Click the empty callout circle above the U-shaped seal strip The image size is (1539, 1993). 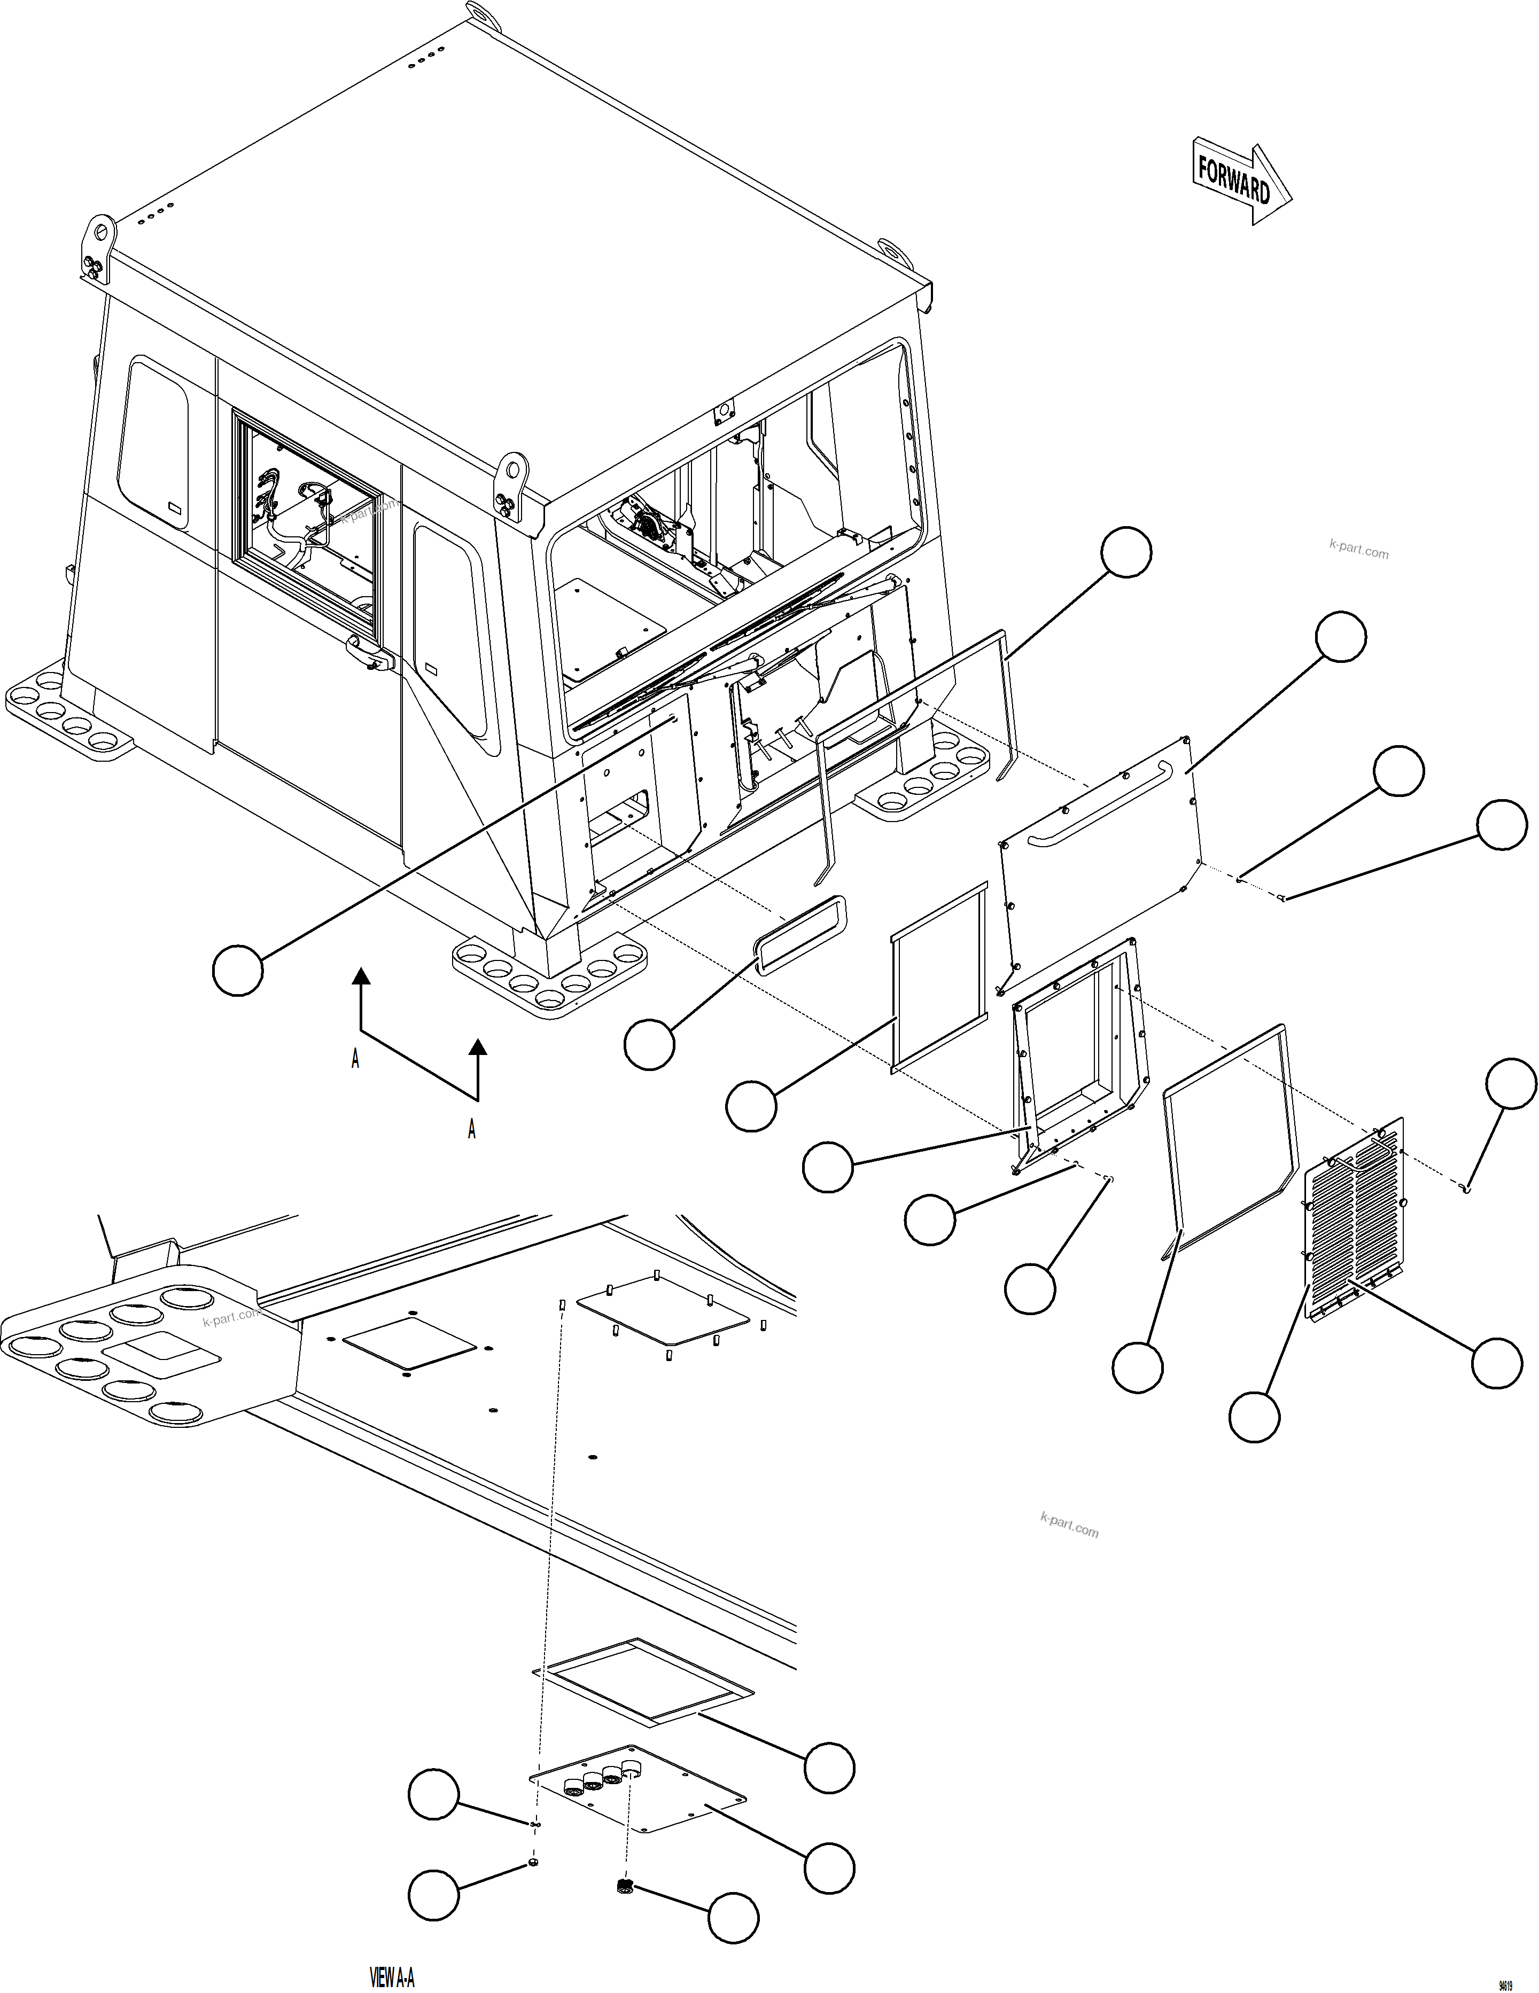(1125, 552)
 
